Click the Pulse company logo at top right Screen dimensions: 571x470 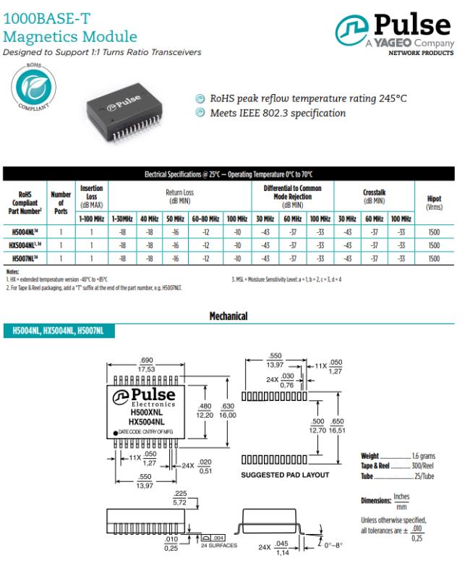point(393,33)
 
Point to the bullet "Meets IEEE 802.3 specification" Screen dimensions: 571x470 point(277,113)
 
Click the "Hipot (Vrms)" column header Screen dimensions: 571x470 point(434,203)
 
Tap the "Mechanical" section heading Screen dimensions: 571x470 point(228,316)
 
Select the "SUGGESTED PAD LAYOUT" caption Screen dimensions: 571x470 point(284,475)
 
